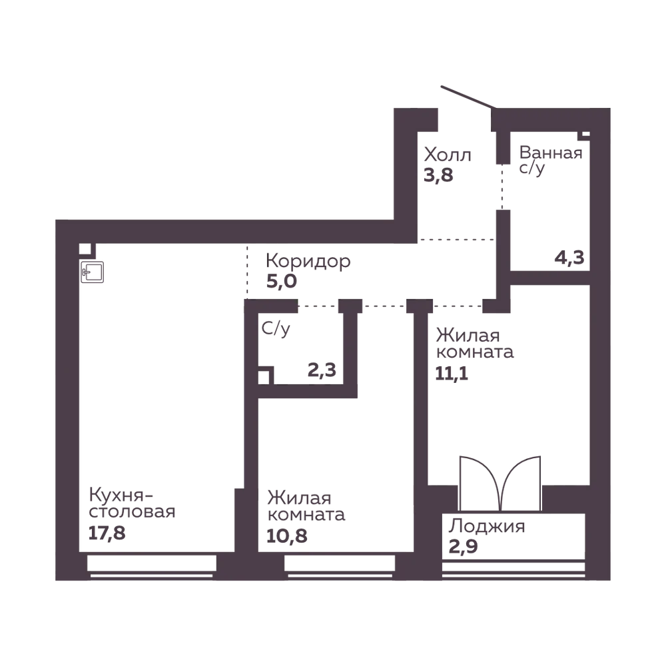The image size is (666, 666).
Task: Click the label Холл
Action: pos(448,155)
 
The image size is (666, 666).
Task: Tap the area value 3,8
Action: pos(438,175)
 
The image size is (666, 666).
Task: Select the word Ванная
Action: pos(551,153)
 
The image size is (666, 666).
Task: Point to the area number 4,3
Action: pos(569,257)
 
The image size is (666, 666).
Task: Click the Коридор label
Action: pos(308,261)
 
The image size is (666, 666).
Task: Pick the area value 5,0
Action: pos(281,281)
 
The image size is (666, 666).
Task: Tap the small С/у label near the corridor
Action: pos(276,329)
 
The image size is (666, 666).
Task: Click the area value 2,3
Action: pos(322,370)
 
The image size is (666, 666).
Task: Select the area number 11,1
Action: pos(452,374)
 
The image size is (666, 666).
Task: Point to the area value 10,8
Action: pos(286,536)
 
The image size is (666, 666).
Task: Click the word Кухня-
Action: pos(121,496)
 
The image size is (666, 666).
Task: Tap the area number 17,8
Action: pos(107,533)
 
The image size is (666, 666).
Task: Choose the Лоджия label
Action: pos(487,527)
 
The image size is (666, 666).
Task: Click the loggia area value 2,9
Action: pos(463,546)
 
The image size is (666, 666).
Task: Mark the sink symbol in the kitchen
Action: pos(93,272)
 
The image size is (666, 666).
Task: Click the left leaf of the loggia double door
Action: pos(480,484)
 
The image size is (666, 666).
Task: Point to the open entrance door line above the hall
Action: pos(468,97)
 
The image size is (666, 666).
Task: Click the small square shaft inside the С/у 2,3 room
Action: pos(263,377)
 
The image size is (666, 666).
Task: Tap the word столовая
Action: pos(132,511)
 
